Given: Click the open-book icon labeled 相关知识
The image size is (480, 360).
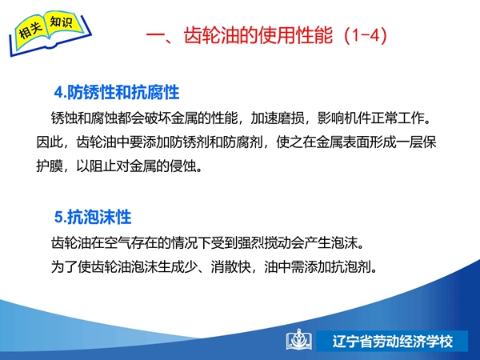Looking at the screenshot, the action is click(50, 33).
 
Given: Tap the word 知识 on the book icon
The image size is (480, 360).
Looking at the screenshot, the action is click(62, 22).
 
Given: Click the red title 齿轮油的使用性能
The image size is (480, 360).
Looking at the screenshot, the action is click(258, 35).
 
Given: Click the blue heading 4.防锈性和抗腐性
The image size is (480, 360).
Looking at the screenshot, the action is click(117, 92).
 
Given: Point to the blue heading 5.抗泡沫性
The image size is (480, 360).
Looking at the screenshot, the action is click(93, 217).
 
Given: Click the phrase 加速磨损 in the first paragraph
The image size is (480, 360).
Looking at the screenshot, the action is click(278, 118).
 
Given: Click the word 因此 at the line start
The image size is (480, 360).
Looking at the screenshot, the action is click(50, 142).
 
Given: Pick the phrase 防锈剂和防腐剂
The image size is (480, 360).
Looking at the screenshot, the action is click(216, 142).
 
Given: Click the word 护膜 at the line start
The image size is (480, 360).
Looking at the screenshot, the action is click(50, 166).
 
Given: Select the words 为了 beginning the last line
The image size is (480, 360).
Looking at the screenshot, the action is click(64, 267).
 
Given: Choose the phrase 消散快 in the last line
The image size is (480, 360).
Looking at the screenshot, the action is click(231, 267).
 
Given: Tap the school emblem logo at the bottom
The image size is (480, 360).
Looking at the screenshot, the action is click(299, 340).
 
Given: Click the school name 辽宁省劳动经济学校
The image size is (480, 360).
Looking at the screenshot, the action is click(393, 342).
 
